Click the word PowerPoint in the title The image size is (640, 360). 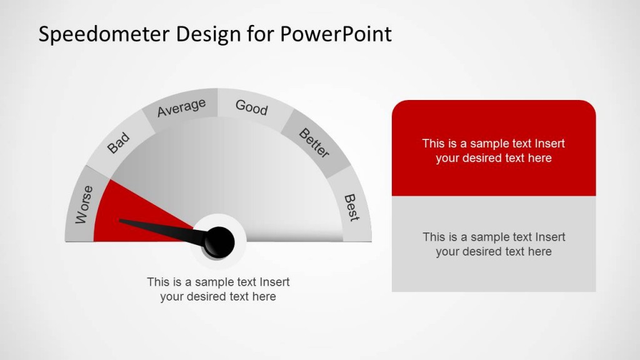(x=335, y=34)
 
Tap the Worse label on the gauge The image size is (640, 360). (x=84, y=204)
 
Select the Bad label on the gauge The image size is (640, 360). (x=117, y=143)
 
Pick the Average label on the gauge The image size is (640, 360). (x=181, y=107)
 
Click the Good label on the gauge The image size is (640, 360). (x=251, y=107)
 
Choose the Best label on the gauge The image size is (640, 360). (x=352, y=207)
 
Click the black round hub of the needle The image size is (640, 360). (x=219, y=241)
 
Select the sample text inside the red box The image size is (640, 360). (x=493, y=151)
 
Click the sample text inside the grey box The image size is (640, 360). (x=493, y=244)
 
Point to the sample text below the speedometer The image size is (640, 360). (x=218, y=289)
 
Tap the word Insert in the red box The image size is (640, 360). (x=550, y=143)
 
